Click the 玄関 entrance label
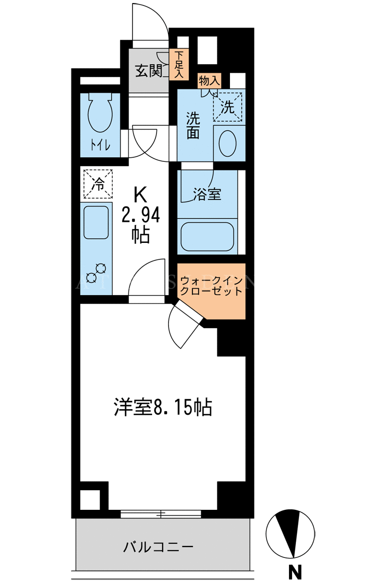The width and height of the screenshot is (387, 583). (148, 71)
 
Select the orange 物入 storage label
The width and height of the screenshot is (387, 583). (209, 80)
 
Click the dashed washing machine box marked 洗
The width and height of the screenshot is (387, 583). (227, 107)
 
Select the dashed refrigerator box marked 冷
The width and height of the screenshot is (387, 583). (97, 184)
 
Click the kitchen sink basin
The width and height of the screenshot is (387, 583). (96, 222)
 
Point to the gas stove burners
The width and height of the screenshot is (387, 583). (95, 272)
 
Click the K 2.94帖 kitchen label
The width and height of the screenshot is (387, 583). (141, 215)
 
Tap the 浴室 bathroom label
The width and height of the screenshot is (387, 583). (207, 194)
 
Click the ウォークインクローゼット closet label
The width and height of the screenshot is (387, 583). (211, 285)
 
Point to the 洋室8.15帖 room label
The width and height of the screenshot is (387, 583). (163, 407)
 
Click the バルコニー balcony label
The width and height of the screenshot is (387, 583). (158, 547)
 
